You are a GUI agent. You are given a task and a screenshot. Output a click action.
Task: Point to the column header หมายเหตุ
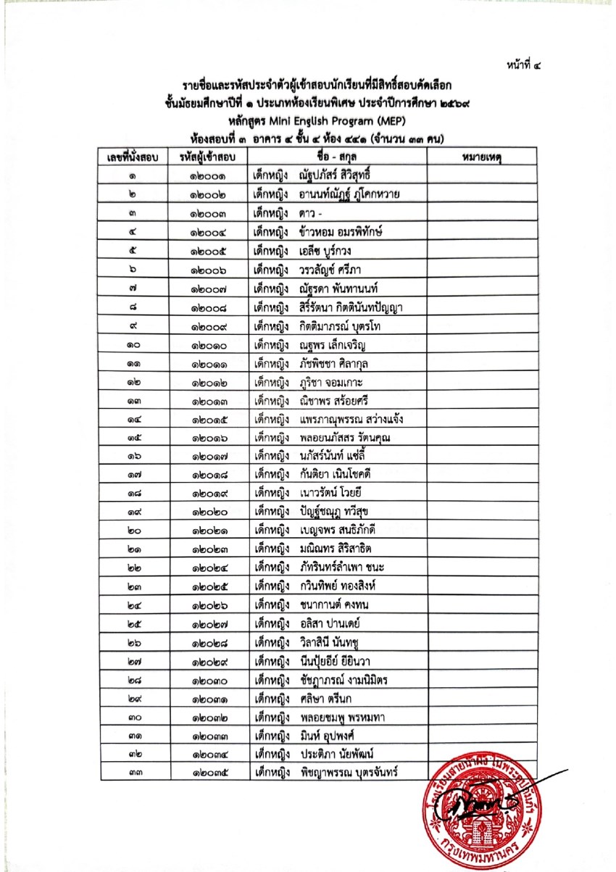click(481, 157)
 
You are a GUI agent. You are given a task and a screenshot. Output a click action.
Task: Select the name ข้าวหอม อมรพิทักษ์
click(340, 232)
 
